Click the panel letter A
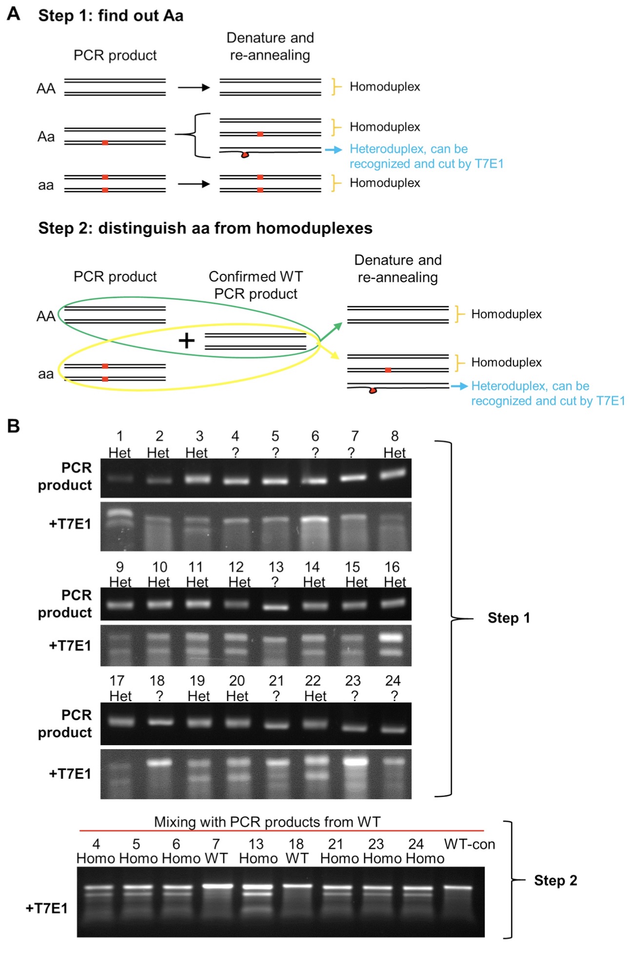tap(14, 13)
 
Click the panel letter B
tap(14, 426)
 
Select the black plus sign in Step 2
tap(187, 340)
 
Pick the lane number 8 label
tap(395, 436)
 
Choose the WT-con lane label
tap(469, 844)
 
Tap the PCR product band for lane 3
tap(197, 479)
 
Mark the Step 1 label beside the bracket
tap(509, 618)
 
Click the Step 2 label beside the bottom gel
tap(555, 880)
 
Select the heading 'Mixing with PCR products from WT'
tap(267, 822)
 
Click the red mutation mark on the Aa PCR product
tap(105, 143)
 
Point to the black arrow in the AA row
tap(194, 88)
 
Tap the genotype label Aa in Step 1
tap(46, 137)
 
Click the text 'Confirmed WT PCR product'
tap(256, 285)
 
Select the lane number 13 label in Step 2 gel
tap(256, 844)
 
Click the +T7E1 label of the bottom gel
tap(46, 908)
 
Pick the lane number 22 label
tap(313, 681)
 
